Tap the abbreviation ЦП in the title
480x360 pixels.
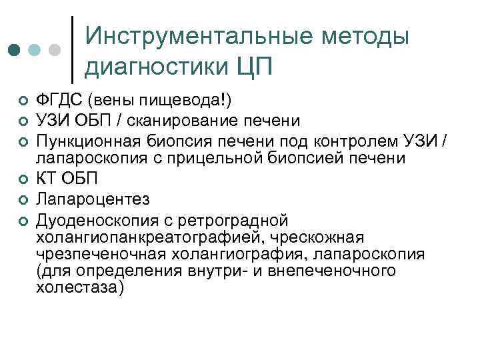pyautogui.click(x=255, y=67)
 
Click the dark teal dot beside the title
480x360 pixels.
pyautogui.click(x=13, y=50)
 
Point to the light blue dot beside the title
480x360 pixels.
pyautogui.click(x=35, y=50)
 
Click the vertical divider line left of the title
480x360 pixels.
pyautogui.click(x=72, y=45)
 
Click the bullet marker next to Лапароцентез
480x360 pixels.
pyautogui.click(x=23, y=199)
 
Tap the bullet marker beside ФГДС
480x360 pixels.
pyautogui.click(x=23, y=101)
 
